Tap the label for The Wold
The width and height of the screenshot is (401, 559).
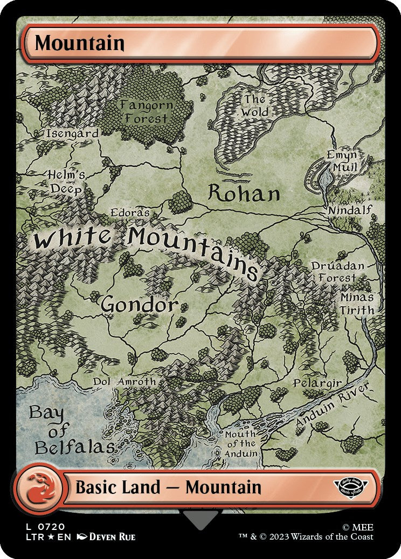[x=255, y=106]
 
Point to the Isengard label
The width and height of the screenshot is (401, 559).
[x=72, y=133]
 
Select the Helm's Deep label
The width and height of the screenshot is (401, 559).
[x=67, y=181]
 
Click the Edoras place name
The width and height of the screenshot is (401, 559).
[x=130, y=213]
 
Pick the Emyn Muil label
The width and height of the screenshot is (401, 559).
[x=343, y=161]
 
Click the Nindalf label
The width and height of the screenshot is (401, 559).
[x=350, y=209]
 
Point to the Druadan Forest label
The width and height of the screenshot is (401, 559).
[x=337, y=272]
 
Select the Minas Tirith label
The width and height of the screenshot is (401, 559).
[x=356, y=303]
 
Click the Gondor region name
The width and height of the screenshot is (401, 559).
[x=139, y=305]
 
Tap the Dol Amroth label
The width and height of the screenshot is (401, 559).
[x=124, y=381]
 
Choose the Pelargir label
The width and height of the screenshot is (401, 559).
[x=317, y=383]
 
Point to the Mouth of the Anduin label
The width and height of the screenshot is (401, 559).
[x=241, y=443]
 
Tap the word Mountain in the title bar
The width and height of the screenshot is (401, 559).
[x=80, y=43]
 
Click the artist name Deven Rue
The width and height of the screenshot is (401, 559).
[x=112, y=536]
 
